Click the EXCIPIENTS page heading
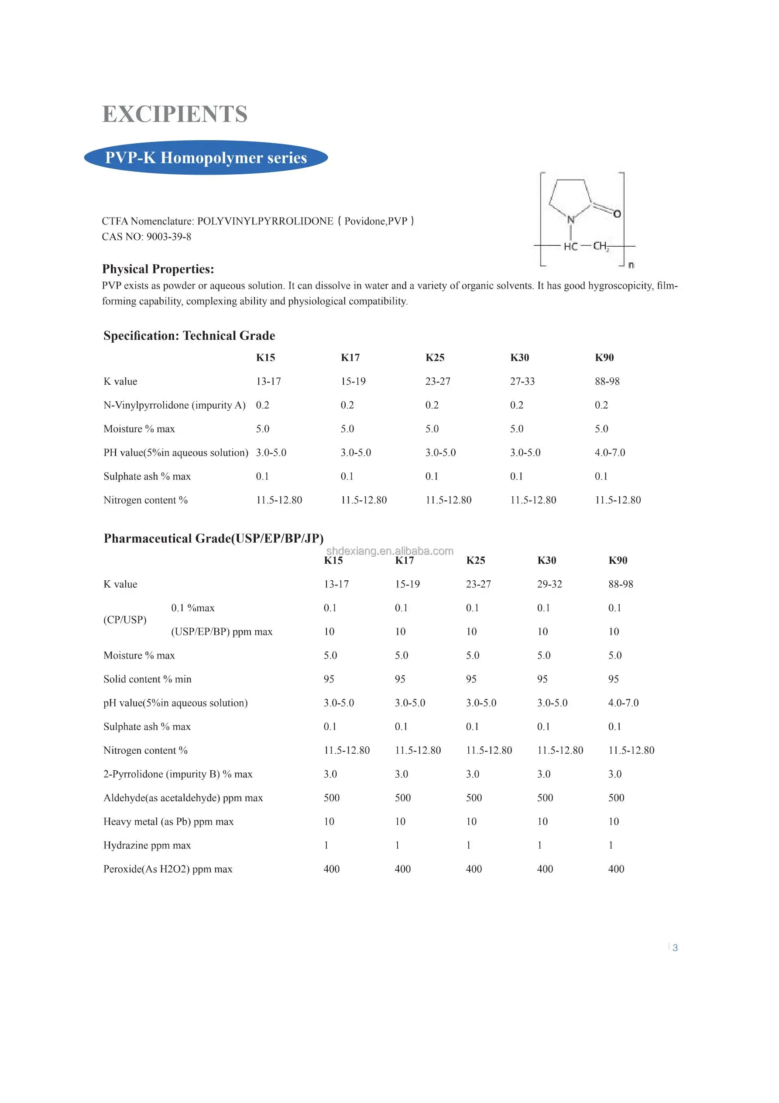[x=175, y=114]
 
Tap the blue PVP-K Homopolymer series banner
[x=206, y=158]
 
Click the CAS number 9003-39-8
[x=168, y=237]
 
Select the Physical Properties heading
[x=158, y=269]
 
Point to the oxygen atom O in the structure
[x=617, y=214]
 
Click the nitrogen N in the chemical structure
[x=570, y=220]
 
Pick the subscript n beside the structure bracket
[x=631, y=265]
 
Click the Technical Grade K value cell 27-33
[x=522, y=382]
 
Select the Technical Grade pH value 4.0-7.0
[x=610, y=452]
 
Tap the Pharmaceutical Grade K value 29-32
[x=549, y=584]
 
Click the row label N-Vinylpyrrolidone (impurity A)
[x=174, y=405]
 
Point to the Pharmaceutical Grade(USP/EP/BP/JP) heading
[x=214, y=538]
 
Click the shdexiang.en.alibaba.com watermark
[x=389, y=551]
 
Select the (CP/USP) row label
[x=125, y=620]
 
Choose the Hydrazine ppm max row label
[x=147, y=845]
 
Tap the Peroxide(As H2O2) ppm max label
[x=168, y=869]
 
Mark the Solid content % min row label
[x=148, y=679]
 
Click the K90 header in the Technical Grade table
[x=604, y=358]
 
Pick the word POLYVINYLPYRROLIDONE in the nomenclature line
[x=265, y=221]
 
